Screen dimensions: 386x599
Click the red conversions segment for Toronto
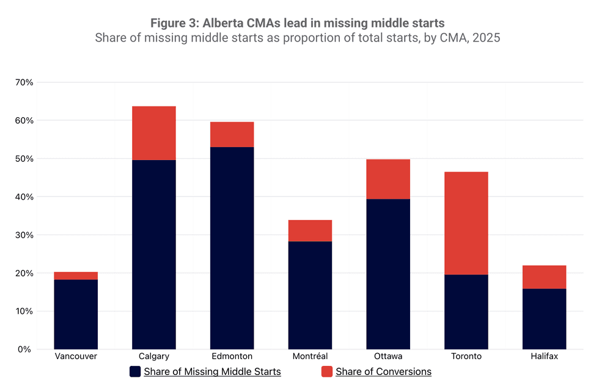coord(466,223)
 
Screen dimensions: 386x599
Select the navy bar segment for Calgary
coord(154,254)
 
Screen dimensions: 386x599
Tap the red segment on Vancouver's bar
coord(76,276)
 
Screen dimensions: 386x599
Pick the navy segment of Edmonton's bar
coord(232,248)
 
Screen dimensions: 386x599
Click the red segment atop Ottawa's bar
coord(388,179)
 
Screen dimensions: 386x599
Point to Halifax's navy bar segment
coord(544,319)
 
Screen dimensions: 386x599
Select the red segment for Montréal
coord(310,231)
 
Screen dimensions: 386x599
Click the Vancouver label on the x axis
coord(76,357)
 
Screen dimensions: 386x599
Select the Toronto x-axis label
coord(466,357)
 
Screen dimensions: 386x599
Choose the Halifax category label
coord(544,357)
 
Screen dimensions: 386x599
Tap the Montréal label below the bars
coord(310,357)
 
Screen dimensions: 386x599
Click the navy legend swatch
coord(136,371)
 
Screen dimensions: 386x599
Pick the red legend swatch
coord(327,371)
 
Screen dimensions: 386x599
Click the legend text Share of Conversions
coord(383,371)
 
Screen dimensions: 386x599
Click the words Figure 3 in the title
coord(174,23)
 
